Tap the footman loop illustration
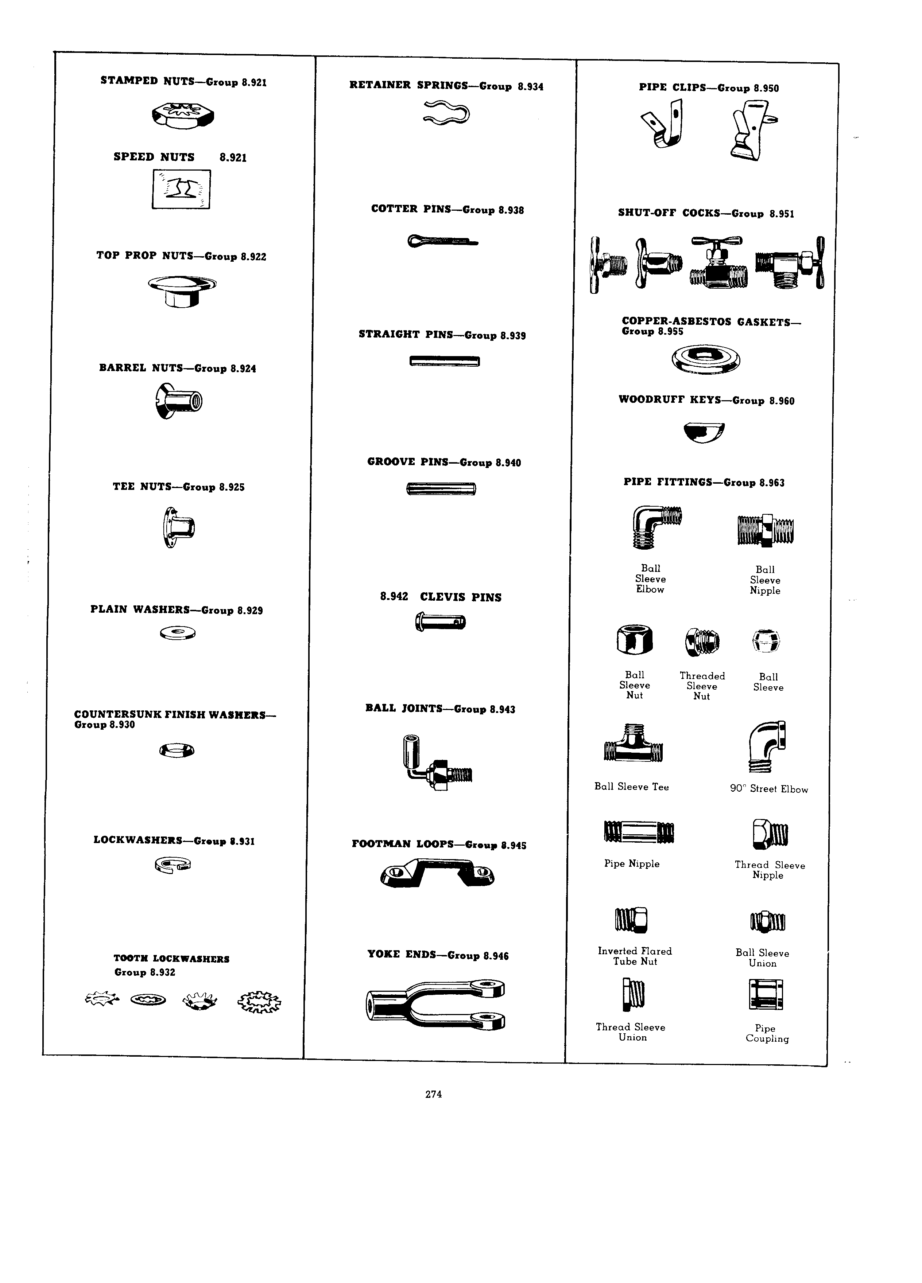438,873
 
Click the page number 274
434,1095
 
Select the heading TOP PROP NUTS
145,256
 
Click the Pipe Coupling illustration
766,994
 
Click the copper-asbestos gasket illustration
706,359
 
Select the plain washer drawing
178,632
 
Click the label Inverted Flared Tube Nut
635,956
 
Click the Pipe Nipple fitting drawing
639,831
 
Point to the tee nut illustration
178,527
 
